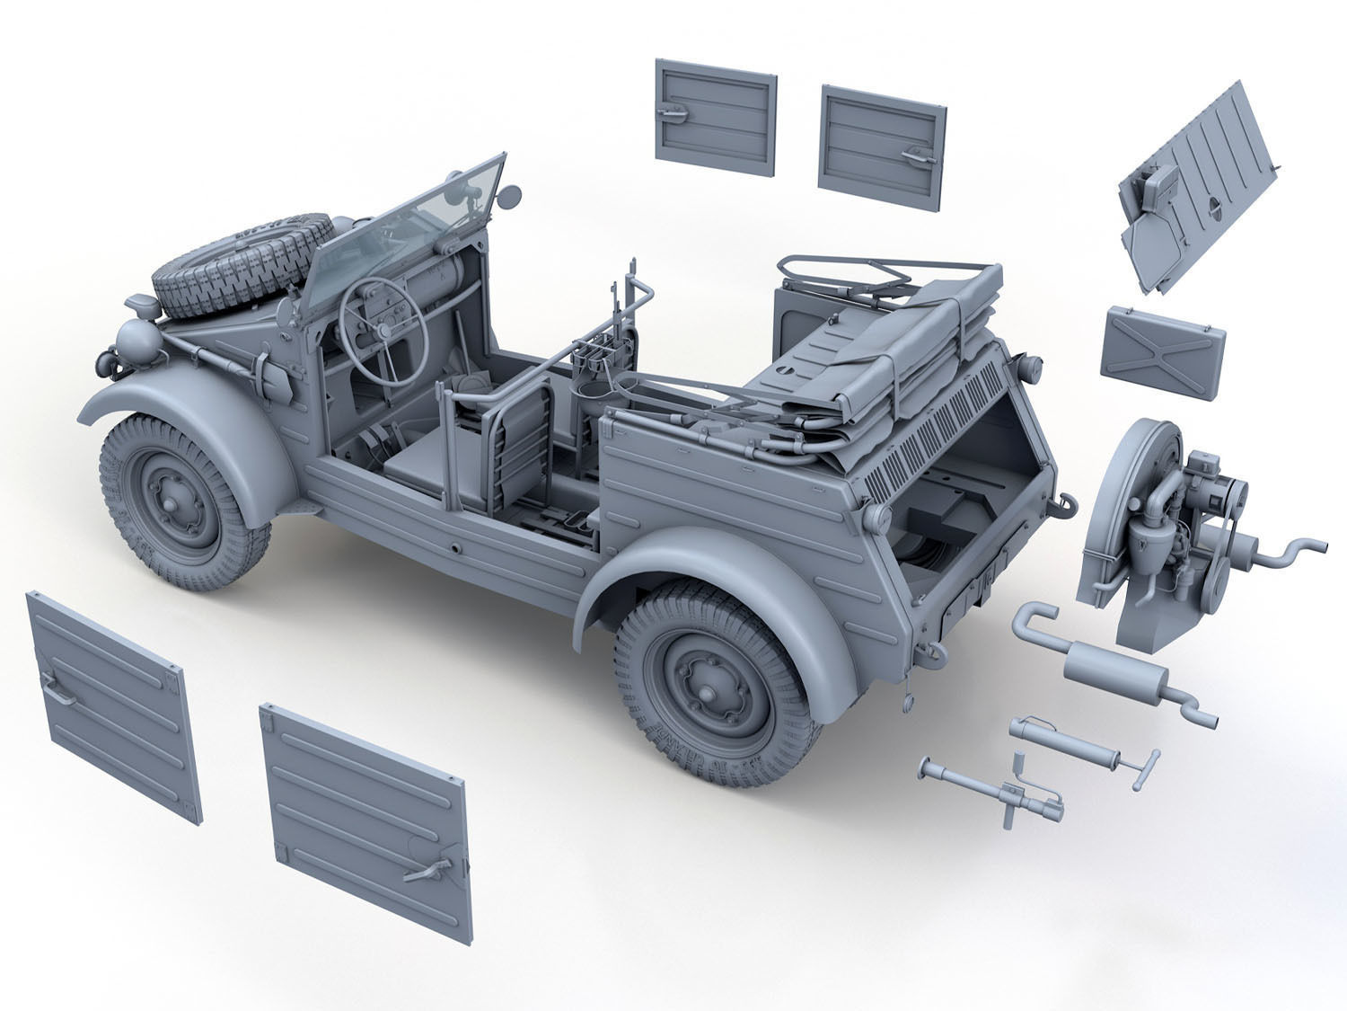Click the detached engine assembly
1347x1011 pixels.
1167,539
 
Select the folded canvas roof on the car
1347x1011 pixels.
898,377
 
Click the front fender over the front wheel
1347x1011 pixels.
189,404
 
